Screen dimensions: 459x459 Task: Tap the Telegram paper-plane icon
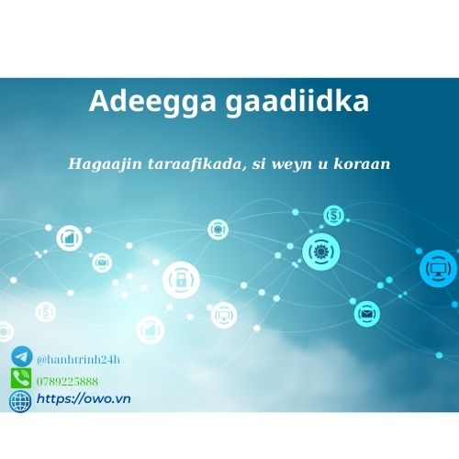(x=21, y=356)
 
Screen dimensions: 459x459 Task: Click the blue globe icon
(x=20, y=401)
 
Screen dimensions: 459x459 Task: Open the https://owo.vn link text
(x=79, y=401)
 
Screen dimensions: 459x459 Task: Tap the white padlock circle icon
(x=181, y=279)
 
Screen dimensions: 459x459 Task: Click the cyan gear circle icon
(x=321, y=251)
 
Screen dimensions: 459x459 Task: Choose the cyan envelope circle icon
(x=368, y=313)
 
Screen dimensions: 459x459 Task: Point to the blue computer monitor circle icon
(x=437, y=269)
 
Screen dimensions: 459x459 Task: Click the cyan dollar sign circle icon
(x=333, y=217)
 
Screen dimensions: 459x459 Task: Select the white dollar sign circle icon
(x=45, y=312)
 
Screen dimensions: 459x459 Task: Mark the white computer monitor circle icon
(x=222, y=315)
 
